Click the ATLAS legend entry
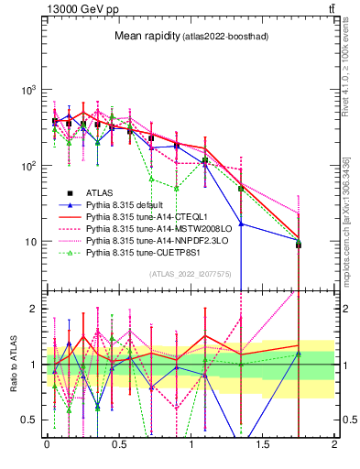click(x=101, y=192)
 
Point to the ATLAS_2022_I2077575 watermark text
click(x=189, y=274)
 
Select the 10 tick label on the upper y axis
click(x=30, y=242)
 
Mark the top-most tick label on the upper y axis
click(x=30, y=91)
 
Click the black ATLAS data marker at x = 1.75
click(x=299, y=245)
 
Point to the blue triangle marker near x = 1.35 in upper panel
click(x=241, y=224)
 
